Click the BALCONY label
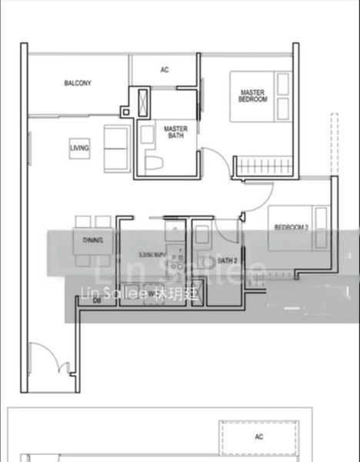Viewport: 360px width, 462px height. [78, 83]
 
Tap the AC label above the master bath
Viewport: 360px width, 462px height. [164, 70]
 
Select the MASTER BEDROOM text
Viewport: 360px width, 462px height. [252, 96]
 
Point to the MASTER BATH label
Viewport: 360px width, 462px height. [175, 132]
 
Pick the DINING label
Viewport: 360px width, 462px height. [93, 241]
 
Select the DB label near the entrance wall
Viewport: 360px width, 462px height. [97, 300]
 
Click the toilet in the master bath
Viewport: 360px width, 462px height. [153, 162]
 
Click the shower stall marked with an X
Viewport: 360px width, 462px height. [145, 102]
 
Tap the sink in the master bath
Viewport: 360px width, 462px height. [147, 133]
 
